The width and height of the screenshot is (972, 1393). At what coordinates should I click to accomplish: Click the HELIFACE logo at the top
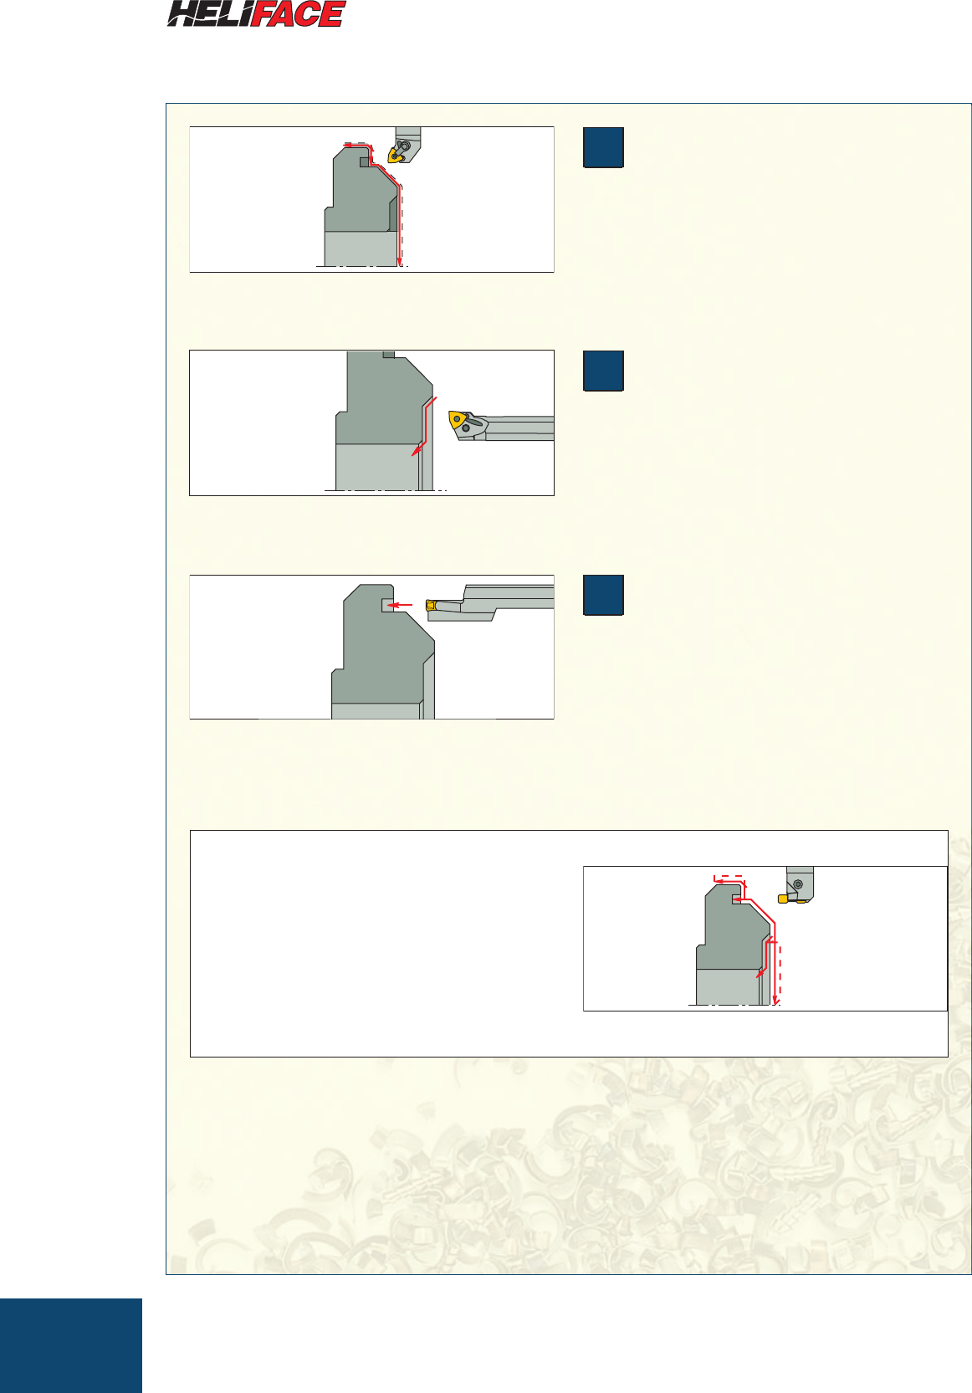(256, 13)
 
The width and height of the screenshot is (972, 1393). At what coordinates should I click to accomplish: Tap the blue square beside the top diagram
(603, 147)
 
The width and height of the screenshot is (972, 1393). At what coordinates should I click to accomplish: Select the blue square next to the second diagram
(603, 371)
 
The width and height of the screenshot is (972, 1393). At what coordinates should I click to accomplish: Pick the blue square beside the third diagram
(603, 595)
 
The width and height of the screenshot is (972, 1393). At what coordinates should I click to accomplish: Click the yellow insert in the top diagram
(395, 154)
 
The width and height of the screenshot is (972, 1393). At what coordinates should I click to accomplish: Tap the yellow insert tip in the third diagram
(430, 606)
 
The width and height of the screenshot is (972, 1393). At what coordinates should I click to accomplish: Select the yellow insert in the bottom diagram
(783, 899)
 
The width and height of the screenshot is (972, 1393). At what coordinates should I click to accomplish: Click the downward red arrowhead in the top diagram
(399, 261)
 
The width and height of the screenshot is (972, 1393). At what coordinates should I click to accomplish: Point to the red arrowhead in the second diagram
(416, 451)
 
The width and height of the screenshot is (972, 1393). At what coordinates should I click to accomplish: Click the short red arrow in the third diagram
(399, 604)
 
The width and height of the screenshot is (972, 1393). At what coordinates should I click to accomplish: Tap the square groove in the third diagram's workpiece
(387, 606)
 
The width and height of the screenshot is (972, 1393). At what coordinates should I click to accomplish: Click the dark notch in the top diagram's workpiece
(366, 161)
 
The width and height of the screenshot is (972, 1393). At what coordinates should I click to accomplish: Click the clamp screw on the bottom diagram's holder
(799, 883)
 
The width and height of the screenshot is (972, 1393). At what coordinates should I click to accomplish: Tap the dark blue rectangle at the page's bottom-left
(71, 1345)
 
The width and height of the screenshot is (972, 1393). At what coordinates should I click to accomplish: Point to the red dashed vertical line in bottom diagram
(780, 973)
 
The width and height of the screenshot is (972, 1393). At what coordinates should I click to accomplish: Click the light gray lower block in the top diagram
(361, 248)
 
